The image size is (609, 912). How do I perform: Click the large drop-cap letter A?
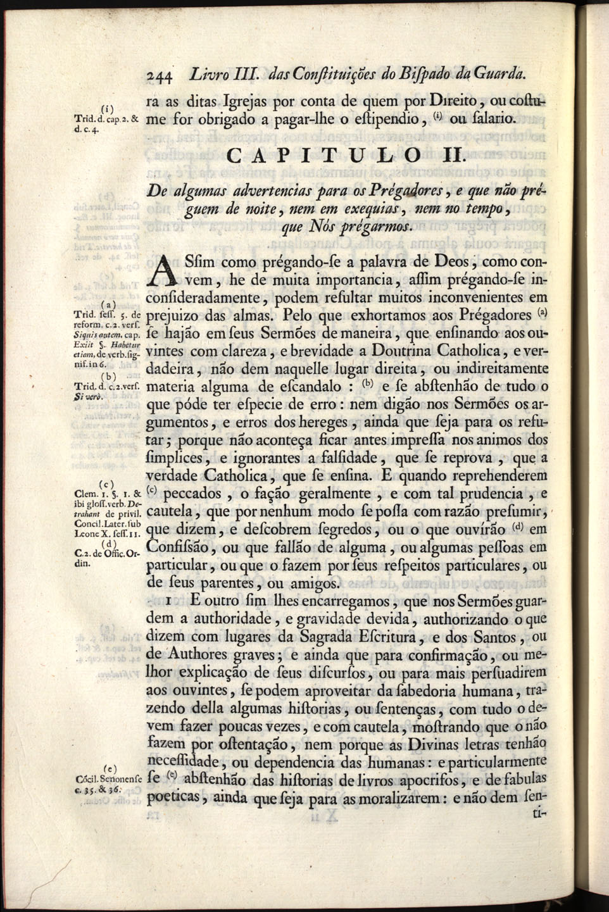[164, 270]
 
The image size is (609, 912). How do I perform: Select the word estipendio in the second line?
[378, 118]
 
